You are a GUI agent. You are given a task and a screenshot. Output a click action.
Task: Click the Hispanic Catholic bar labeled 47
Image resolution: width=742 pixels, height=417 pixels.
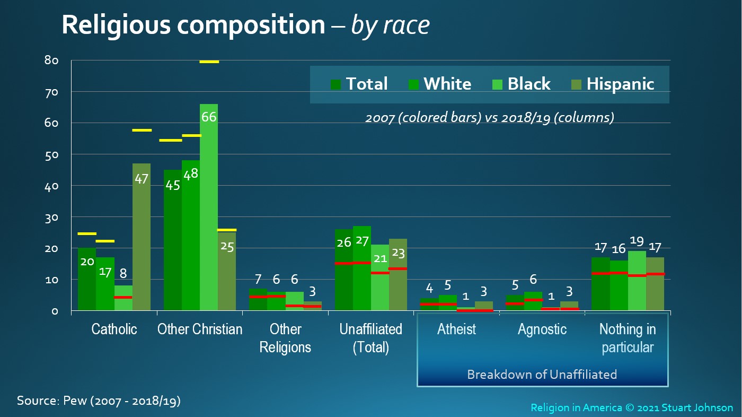(x=142, y=237)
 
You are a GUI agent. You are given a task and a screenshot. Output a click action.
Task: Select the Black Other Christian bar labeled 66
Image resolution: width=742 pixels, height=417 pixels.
(x=209, y=207)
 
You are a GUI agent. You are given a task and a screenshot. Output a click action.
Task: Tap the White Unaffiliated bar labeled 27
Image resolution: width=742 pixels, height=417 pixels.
(x=361, y=268)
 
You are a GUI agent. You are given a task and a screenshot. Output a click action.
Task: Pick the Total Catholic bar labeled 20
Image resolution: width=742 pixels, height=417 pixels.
(x=87, y=279)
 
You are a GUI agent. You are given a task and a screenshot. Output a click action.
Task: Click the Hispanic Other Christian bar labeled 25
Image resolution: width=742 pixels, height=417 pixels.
(x=227, y=272)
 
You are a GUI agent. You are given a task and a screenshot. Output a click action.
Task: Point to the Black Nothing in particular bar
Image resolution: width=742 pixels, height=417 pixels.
(x=637, y=281)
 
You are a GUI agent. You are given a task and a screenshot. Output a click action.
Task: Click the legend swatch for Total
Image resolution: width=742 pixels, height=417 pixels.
(x=335, y=84)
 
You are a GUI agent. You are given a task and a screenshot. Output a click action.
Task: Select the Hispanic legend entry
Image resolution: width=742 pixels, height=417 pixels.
(x=613, y=84)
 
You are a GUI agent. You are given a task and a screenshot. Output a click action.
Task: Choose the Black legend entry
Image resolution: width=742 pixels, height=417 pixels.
(x=522, y=84)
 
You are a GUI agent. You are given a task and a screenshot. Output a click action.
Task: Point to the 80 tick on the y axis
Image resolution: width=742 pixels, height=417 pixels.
(x=51, y=60)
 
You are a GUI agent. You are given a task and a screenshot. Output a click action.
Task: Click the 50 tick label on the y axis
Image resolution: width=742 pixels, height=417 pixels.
(x=51, y=155)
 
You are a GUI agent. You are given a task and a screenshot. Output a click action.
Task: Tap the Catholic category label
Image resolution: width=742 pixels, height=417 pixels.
(x=114, y=329)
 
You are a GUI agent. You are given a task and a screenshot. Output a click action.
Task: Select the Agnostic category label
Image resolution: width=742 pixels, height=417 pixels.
(x=542, y=329)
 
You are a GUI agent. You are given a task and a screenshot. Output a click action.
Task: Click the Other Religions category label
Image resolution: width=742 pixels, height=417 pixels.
(x=285, y=338)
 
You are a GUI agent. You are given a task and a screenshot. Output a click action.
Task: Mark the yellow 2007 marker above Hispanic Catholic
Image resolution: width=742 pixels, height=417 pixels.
(x=142, y=131)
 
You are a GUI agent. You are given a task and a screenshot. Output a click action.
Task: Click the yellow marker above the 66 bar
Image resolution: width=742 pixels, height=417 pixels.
(x=209, y=62)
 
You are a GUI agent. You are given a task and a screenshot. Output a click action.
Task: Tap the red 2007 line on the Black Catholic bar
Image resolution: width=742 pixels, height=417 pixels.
(x=123, y=297)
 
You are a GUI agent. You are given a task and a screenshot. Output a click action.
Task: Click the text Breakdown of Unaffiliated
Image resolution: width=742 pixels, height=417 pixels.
(x=542, y=375)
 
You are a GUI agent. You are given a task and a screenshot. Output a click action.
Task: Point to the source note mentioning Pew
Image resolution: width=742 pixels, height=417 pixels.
(x=99, y=401)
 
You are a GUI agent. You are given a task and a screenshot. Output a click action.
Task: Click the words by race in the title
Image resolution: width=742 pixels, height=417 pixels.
(x=390, y=25)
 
